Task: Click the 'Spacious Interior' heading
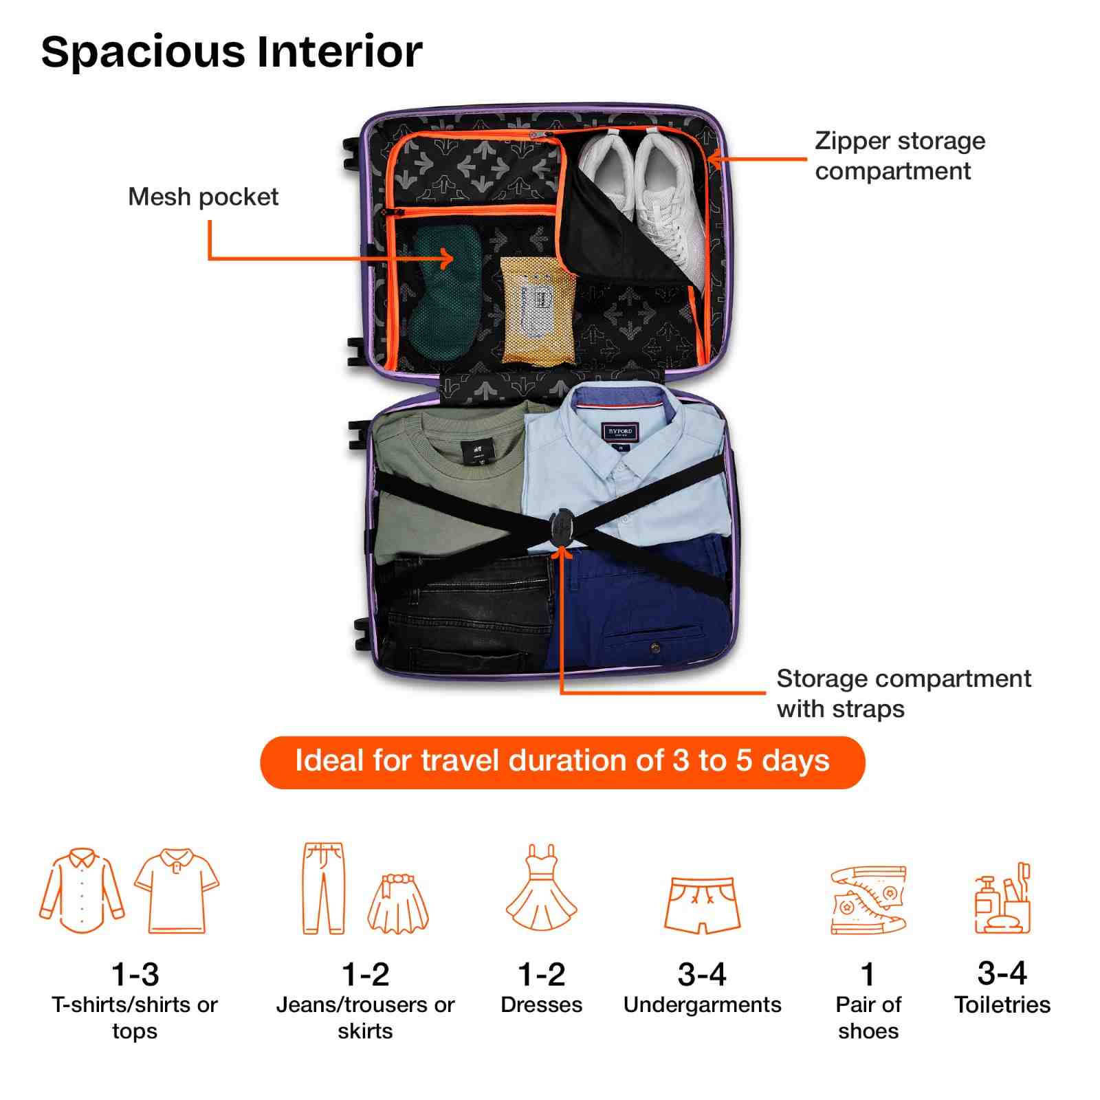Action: pyautogui.click(x=232, y=52)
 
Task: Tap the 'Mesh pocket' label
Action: pyautogui.click(x=203, y=197)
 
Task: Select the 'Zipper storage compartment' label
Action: pyautogui.click(x=899, y=156)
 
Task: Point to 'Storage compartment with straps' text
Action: pyautogui.click(x=903, y=693)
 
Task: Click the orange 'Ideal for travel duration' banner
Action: pyautogui.click(x=562, y=762)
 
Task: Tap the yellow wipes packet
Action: pyautogui.click(x=538, y=311)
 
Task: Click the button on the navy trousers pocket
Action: pyautogui.click(x=654, y=647)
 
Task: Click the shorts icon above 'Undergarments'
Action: pyautogui.click(x=702, y=904)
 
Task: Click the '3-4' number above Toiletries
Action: pyautogui.click(x=1002, y=973)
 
